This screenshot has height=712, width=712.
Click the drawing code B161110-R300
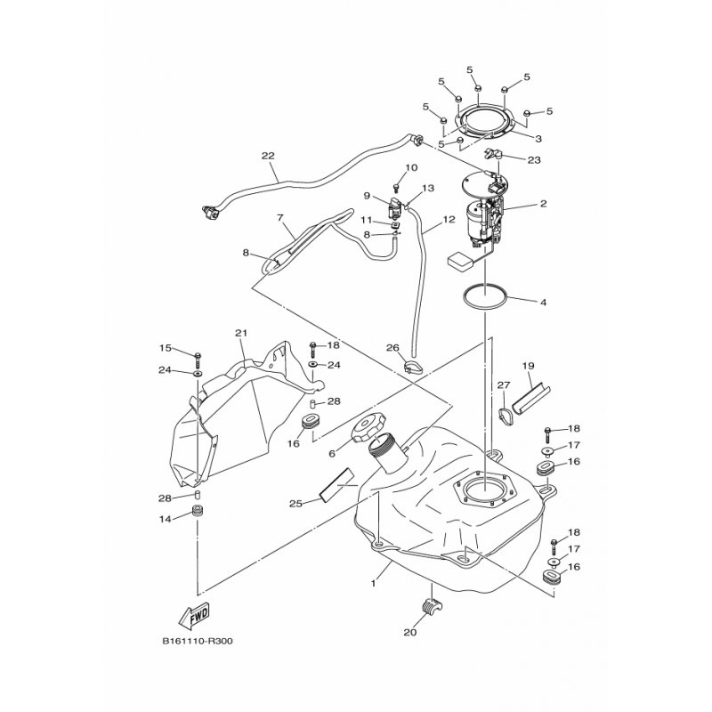pyautogui.click(x=198, y=641)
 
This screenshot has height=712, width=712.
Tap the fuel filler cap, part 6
pyautogui.click(x=368, y=427)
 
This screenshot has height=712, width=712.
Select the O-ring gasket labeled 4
pyautogui.click(x=485, y=296)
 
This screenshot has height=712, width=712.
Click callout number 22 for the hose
pyautogui.click(x=268, y=156)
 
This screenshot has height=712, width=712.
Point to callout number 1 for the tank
pyautogui.click(x=373, y=584)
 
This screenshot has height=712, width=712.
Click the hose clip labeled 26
pyautogui.click(x=412, y=367)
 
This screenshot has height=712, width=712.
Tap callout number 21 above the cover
pyautogui.click(x=241, y=333)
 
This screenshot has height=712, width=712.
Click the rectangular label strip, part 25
pyautogui.click(x=336, y=484)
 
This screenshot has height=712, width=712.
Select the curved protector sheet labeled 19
pyautogui.click(x=531, y=395)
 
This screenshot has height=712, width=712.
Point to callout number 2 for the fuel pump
pyautogui.click(x=543, y=204)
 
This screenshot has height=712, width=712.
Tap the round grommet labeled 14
pyautogui.click(x=198, y=511)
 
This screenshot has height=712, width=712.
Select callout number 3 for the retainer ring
pyautogui.click(x=538, y=139)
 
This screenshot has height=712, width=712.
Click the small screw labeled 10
pyautogui.click(x=396, y=187)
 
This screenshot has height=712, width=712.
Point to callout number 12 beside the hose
pyautogui.click(x=449, y=219)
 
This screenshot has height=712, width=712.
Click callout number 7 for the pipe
pyautogui.click(x=279, y=217)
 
